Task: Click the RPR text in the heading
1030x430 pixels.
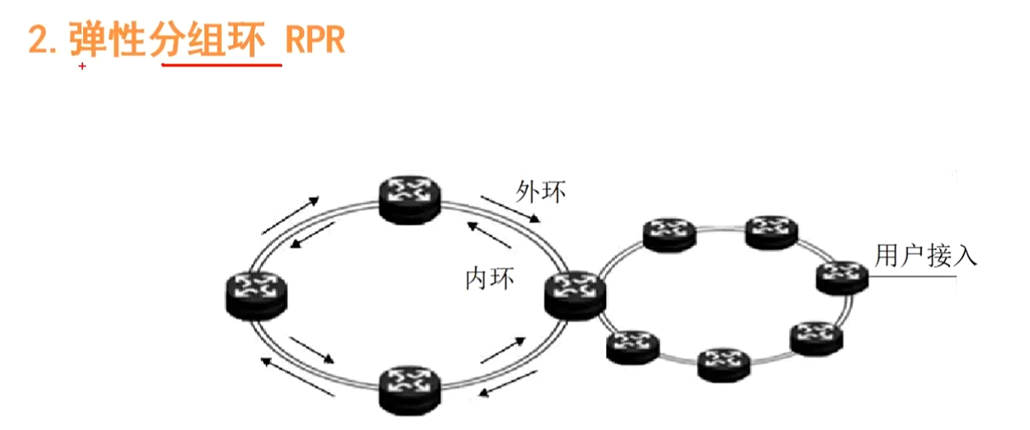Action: tap(315, 41)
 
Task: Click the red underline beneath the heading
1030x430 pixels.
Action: tap(221, 66)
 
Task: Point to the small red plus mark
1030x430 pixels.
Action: tap(82, 67)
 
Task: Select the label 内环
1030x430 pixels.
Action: tap(490, 278)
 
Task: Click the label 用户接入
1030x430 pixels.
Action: tap(926, 255)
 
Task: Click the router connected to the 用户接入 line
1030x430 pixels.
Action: tap(842, 277)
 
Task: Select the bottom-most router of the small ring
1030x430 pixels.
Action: tap(723, 364)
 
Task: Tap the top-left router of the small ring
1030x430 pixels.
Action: tap(669, 234)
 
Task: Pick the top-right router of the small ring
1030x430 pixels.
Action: tap(772, 231)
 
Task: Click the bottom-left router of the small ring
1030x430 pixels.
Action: tap(633, 347)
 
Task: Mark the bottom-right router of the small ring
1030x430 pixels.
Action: tap(816, 338)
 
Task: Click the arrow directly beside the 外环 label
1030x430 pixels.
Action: tap(511, 208)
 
